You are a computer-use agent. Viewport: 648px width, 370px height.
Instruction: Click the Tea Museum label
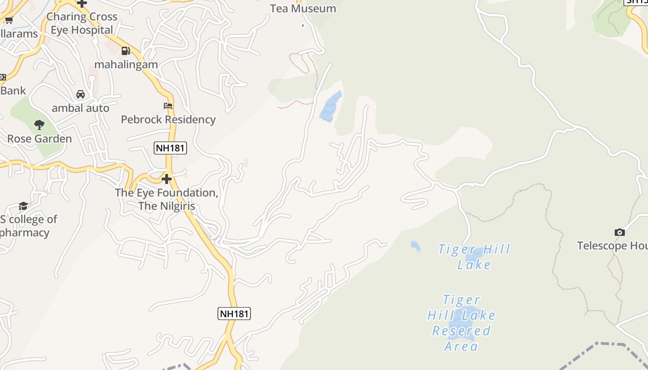tap(303, 8)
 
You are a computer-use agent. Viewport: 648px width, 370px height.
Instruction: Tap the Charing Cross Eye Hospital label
tap(81, 23)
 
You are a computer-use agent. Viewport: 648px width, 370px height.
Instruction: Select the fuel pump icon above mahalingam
tap(125, 51)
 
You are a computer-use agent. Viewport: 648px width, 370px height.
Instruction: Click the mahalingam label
tap(126, 64)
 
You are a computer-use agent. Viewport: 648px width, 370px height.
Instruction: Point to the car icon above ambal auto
tap(81, 94)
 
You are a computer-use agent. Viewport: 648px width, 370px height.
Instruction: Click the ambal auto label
tap(81, 108)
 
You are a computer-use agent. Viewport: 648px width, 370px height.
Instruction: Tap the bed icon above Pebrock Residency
tap(168, 106)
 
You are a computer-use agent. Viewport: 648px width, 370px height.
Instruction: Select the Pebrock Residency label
tap(168, 119)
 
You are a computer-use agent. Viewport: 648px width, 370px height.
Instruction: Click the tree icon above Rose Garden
tap(39, 124)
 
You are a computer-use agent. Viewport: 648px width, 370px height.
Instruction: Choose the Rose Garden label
tap(39, 138)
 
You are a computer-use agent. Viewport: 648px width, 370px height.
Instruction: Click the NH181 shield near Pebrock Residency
tap(170, 148)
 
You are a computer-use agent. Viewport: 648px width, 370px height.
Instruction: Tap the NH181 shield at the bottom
tap(234, 313)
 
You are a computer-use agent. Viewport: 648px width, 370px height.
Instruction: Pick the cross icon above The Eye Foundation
tap(167, 179)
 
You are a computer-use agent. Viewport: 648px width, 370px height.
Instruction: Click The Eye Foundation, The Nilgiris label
tap(167, 199)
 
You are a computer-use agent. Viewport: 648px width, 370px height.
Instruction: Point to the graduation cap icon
tap(23, 206)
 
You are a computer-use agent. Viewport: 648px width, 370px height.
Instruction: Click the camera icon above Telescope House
tap(619, 232)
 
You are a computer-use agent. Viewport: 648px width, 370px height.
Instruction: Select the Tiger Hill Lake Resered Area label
tap(461, 323)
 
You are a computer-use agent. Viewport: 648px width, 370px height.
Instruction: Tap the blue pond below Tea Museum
tap(330, 107)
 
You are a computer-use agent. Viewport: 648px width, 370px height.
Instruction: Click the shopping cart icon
tap(9, 20)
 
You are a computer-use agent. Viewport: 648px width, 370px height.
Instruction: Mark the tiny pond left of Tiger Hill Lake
tap(415, 246)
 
